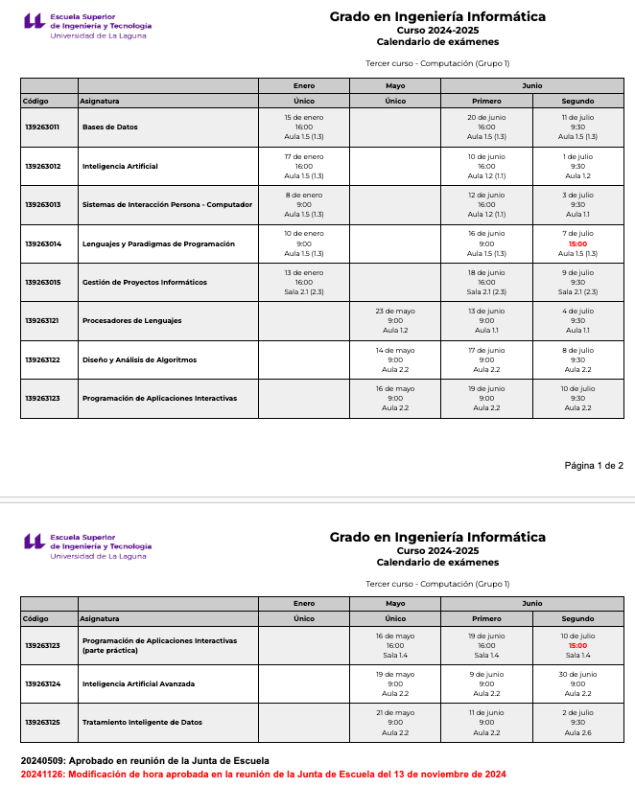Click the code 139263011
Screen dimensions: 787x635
click(x=42, y=127)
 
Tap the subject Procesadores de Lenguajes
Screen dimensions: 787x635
click(x=131, y=320)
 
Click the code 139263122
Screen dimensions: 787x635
click(x=42, y=359)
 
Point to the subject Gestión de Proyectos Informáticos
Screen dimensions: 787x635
click(x=144, y=282)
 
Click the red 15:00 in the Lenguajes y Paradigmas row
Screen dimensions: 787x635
click(x=577, y=243)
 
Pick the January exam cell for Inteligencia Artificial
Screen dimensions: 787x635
click(x=304, y=166)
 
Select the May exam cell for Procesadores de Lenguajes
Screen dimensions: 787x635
click(x=395, y=320)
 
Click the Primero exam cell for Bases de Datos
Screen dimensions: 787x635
click(x=486, y=127)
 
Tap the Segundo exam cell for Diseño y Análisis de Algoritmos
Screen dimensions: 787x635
click(x=577, y=359)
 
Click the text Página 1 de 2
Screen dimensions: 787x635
click(x=594, y=466)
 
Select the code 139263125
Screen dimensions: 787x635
click(x=42, y=722)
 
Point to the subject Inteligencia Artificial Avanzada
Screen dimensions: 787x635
click(x=138, y=683)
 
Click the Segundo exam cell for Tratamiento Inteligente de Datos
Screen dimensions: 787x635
click(x=577, y=722)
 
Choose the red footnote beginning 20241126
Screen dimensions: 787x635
click(x=263, y=774)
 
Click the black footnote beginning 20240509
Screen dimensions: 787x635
click(x=145, y=760)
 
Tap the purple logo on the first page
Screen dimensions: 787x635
click(x=34, y=22)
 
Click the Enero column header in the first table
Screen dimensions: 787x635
click(x=304, y=85)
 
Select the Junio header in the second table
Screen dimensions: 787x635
click(x=531, y=603)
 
